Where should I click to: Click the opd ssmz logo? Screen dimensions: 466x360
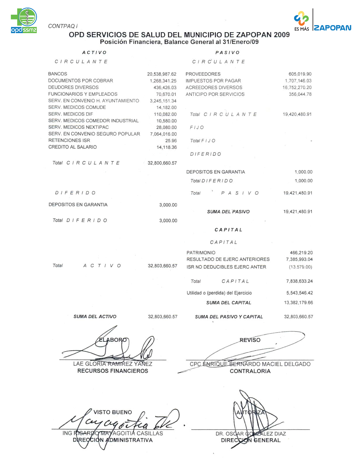click(24, 20)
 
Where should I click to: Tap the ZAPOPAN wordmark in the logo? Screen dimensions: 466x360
click(333, 28)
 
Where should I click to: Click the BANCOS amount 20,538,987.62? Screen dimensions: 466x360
click(162, 74)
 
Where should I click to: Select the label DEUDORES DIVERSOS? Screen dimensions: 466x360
click(73, 87)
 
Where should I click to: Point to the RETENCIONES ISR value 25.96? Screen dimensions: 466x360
click(171, 141)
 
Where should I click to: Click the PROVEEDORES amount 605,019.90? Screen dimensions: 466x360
click(300, 74)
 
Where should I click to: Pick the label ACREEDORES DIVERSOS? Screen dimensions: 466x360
click(214, 88)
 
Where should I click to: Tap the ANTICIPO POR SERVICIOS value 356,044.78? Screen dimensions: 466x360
click(300, 94)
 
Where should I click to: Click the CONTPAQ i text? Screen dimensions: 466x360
click(63, 26)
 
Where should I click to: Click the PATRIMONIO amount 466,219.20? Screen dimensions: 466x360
click(301, 253)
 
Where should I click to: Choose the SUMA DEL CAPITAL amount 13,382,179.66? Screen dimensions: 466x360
click(298, 303)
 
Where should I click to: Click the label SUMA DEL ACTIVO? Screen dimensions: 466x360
click(95, 317)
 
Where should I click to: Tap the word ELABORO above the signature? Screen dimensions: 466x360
click(113, 340)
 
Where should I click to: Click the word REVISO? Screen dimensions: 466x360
click(250, 340)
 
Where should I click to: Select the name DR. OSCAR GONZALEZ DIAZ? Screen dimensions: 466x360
click(251, 434)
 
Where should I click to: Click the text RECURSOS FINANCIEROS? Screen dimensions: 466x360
click(113, 371)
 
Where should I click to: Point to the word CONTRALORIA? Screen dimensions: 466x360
click(250, 371)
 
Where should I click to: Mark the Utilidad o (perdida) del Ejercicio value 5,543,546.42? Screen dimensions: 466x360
click(299, 293)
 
